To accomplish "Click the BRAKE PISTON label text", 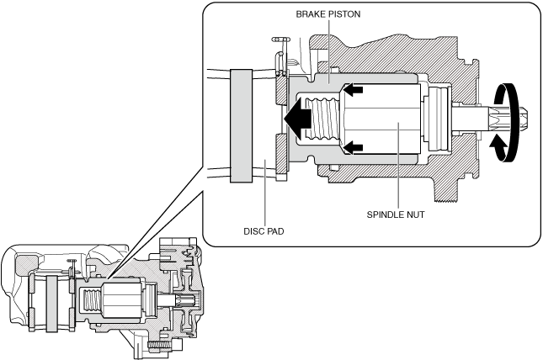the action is click(x=328, y=14).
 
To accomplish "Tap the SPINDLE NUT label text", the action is click(x=396, y=214).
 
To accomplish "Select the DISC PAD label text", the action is click(x=264, y=231).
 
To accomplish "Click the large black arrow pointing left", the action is click(x=297, y=118).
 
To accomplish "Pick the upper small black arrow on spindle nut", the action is click(x=353, y=90).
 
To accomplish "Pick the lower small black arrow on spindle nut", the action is click(x=353, y=147).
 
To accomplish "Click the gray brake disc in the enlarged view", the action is click(x=241, y=125).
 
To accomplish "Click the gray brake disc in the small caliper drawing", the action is click(x=52, y=304).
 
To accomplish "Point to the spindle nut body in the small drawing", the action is click(x=121, y=299).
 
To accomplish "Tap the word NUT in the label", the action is click(x=416, y=214).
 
